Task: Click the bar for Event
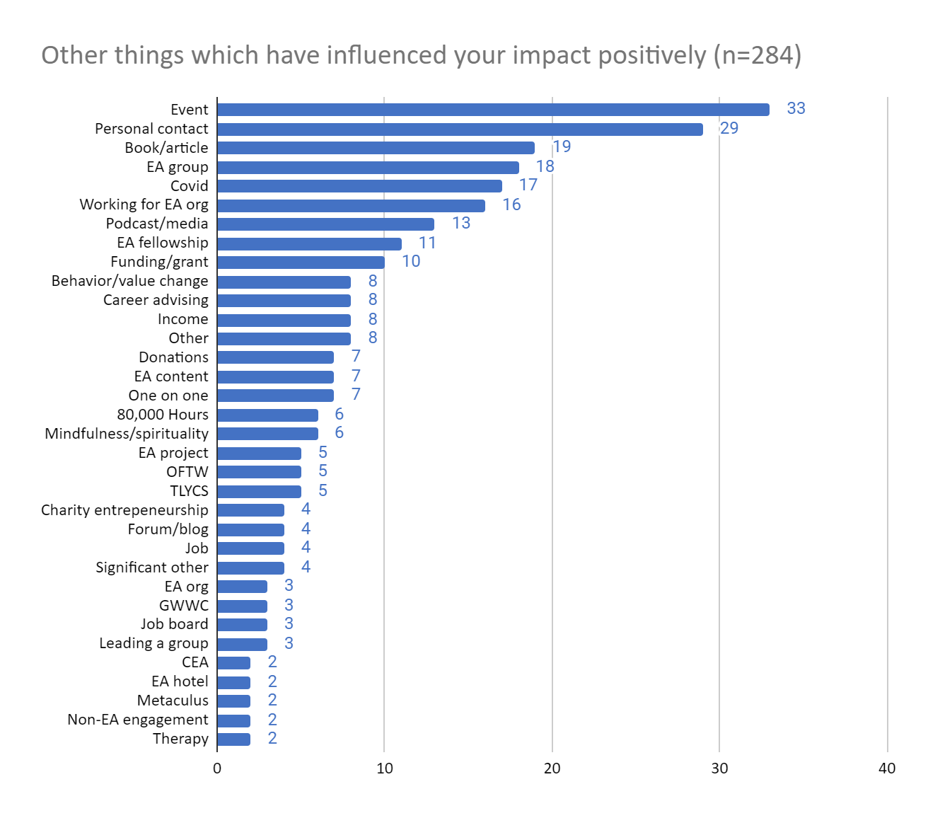(x=493, y=110)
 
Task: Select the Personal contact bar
(x=460, y=129)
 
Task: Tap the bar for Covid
(x=359, y=186)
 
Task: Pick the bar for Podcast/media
(x=325, y=224)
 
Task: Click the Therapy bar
(x=233, y=739)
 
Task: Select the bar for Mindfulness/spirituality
(x=267, y=434)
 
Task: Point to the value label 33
(x=796, y=108)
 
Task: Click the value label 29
(x=729, y=128)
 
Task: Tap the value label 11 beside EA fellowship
(x=427, y=243)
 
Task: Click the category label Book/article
(x=166, y=148)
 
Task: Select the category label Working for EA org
(x=144, y=204)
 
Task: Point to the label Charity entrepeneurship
(x=124, y=510)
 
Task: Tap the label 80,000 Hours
(x=163, y=415)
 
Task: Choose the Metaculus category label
(x=173, y=701)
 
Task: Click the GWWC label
(x=184, y=606)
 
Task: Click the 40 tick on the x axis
(x=886, y=768)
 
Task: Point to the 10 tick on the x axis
(x=384, y=768)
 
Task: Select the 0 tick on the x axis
(x=217, y=768)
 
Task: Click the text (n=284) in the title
(x=758, y=55)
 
